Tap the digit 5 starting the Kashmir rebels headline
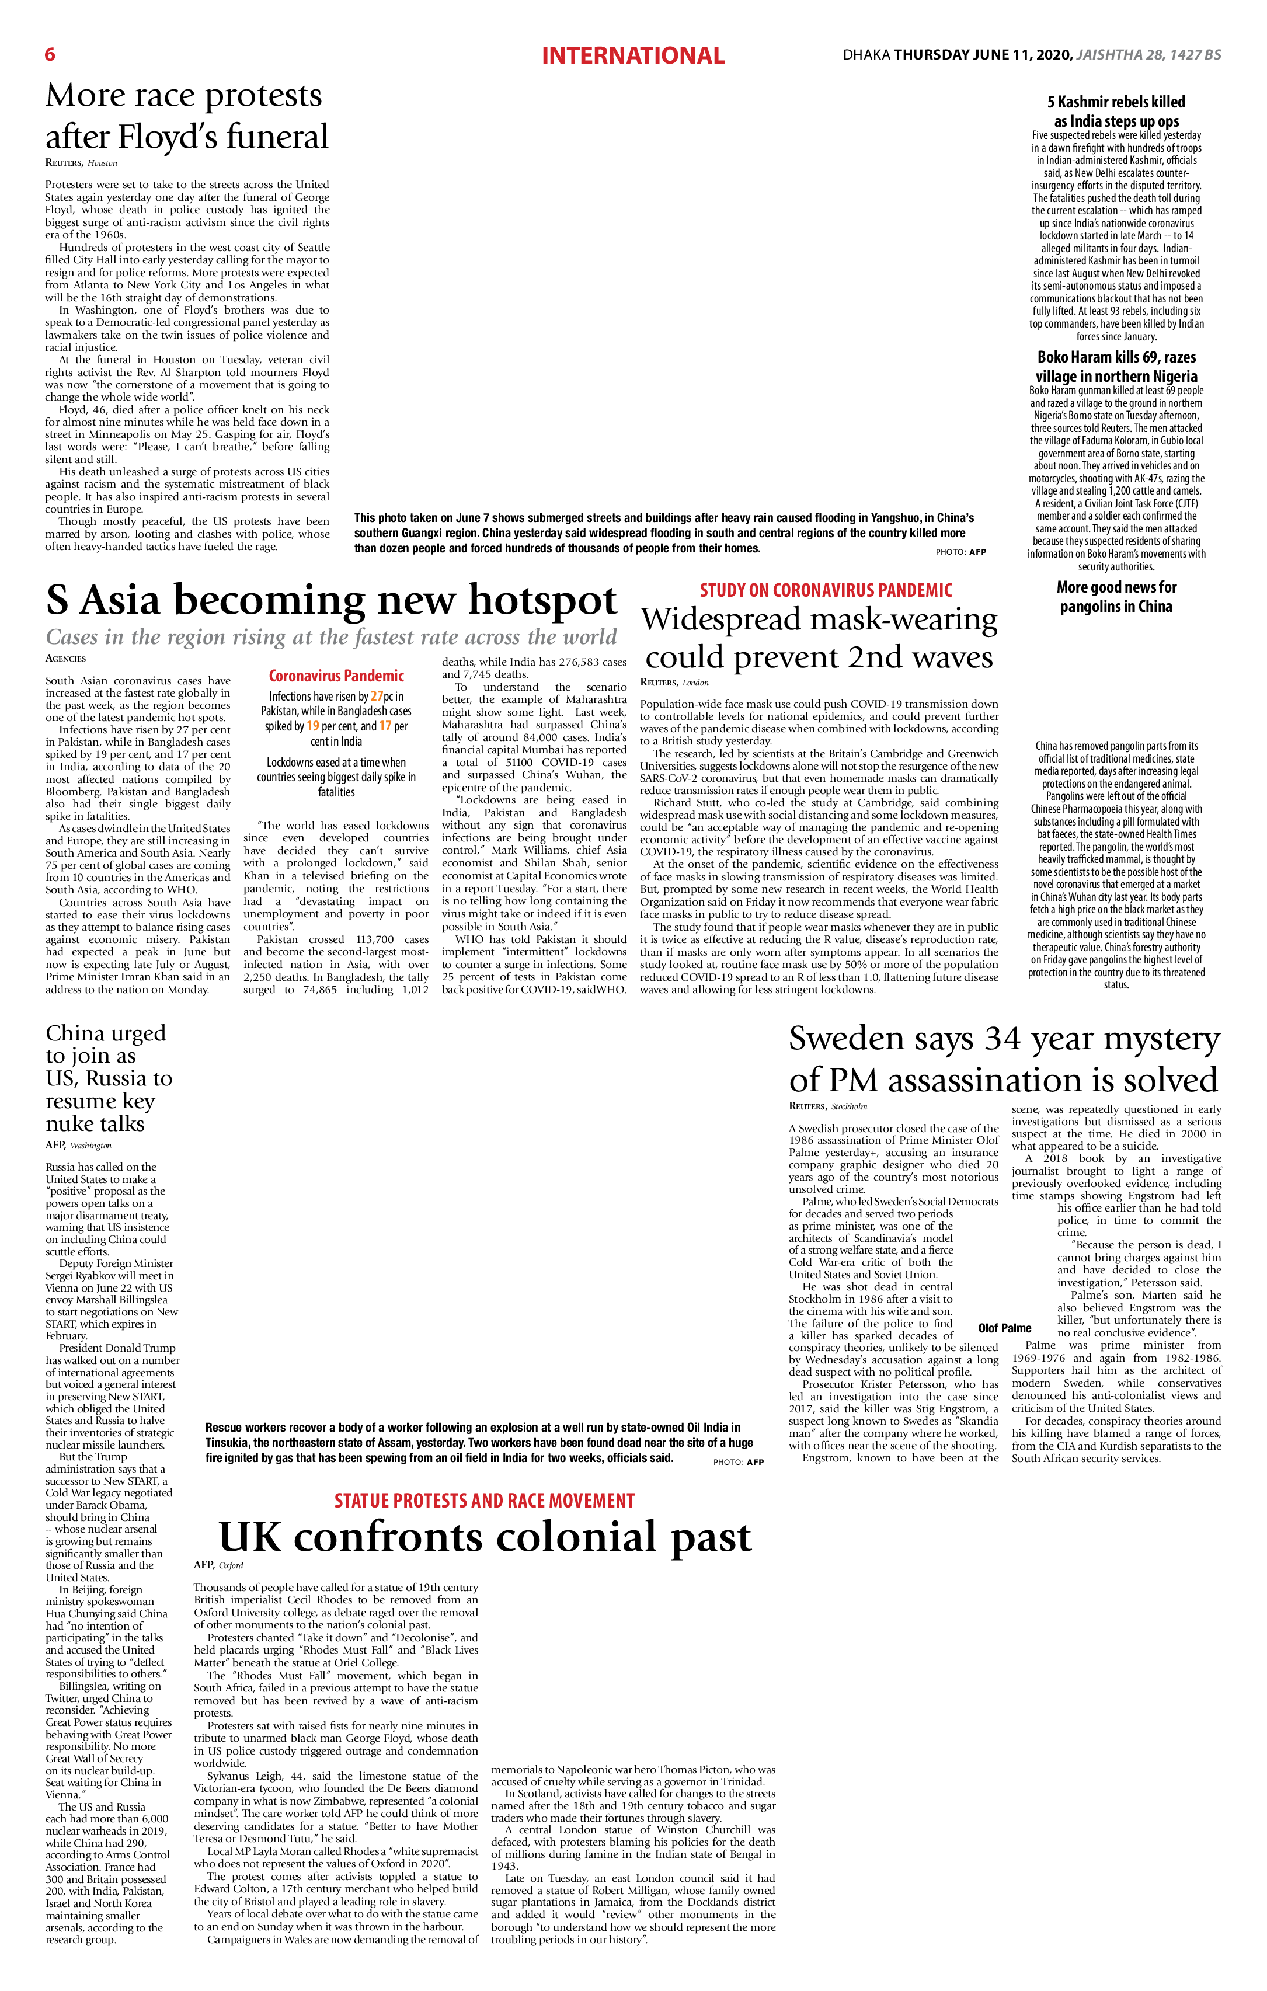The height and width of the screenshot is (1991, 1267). tap(1051, 102)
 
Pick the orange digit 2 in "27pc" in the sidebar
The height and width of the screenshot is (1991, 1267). tap(374, 696)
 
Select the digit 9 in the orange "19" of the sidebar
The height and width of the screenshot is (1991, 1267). tap(316, 726)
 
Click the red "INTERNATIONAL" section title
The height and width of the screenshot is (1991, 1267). tap(633, 55)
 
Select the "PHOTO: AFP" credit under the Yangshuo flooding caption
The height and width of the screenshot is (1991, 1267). tap(961, 552)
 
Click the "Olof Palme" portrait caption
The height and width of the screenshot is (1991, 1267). tap(1005, 1328)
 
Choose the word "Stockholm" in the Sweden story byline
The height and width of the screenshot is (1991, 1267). tap(850, 1106)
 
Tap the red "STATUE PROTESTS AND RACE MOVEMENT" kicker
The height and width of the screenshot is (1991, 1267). tap(485, 1501)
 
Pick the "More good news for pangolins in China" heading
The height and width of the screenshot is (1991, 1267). tap(1116, 597)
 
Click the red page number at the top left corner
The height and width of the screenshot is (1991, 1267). tap(50, 54)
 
